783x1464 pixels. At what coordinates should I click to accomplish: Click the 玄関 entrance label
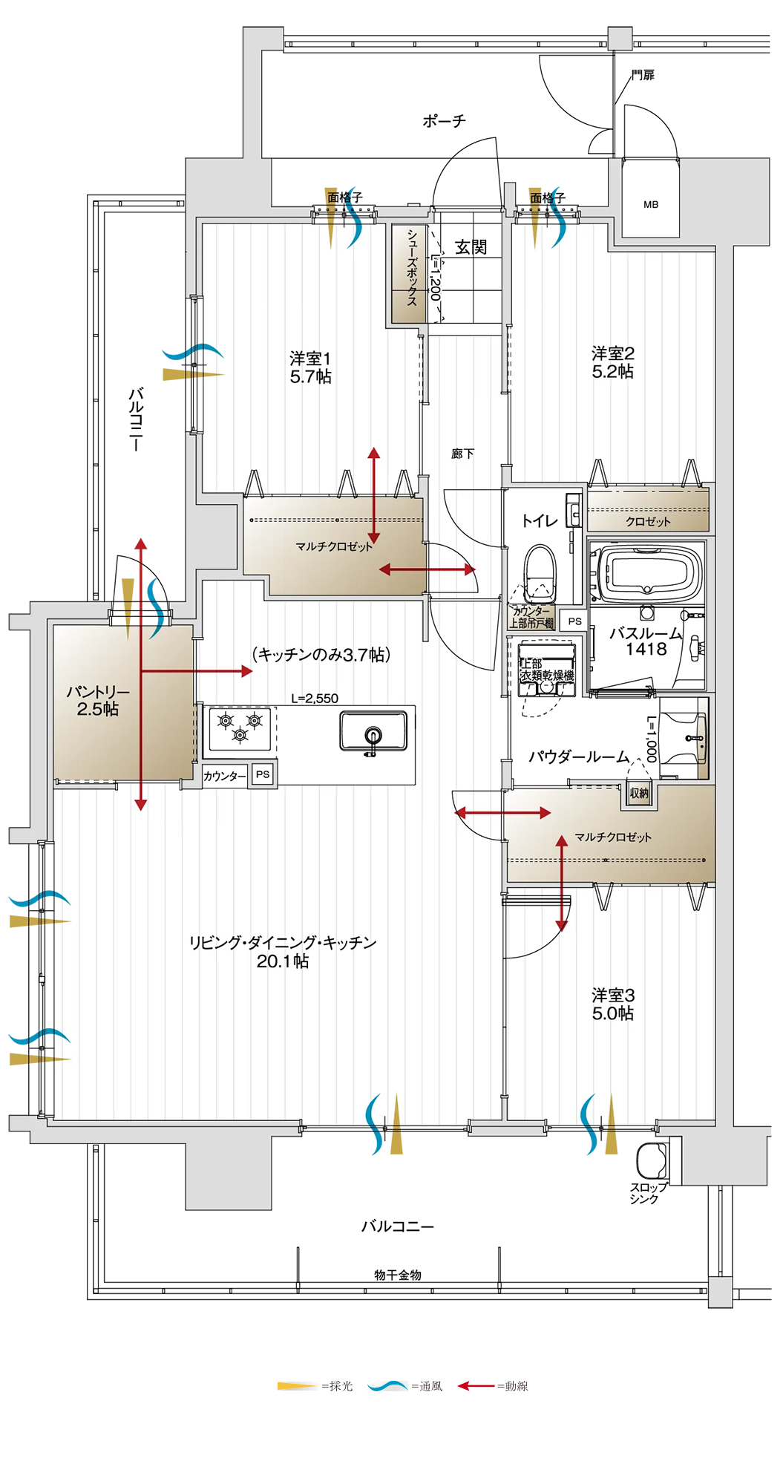click(471, 247)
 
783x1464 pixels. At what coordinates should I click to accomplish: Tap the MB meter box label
click(651, 204)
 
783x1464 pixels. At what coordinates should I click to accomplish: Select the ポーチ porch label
click(444, 120)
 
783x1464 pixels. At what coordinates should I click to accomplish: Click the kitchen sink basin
click(373, 731)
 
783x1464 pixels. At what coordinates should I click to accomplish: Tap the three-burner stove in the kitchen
click(240, 728)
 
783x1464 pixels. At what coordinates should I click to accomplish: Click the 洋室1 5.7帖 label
click(310, 367)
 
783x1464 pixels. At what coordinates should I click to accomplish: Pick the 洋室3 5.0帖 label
click(613, 1004)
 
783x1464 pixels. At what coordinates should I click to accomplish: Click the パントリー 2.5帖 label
click(98, 700)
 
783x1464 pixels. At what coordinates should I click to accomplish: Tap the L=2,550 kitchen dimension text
click(315, 699)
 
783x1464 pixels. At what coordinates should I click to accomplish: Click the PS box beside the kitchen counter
click(263, 774)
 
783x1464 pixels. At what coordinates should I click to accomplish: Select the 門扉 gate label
click(643, 75)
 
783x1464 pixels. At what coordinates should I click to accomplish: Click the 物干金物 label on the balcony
click(398, 1275)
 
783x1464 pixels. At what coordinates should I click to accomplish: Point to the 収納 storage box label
click(639, 794)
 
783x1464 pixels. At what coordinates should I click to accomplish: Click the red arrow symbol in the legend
click(476, 1386)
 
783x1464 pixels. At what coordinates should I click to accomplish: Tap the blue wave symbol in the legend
click(387, 1386)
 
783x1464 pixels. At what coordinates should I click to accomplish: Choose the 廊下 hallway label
click(462, 454)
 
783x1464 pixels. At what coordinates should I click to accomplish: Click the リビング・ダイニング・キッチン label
click(283, 943)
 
